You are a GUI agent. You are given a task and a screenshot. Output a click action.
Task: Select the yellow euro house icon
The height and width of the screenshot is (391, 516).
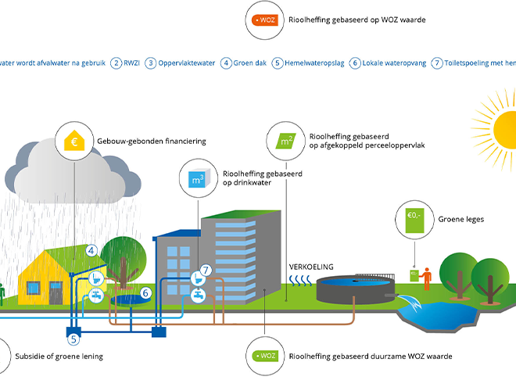(76, 142)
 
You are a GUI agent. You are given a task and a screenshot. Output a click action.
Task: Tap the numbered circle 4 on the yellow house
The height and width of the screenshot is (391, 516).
(91, 250)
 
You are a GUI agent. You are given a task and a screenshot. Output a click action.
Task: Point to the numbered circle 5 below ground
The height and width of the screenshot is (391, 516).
(74, 339)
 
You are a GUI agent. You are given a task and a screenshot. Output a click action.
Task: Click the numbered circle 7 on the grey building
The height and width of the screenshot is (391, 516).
(205, 270)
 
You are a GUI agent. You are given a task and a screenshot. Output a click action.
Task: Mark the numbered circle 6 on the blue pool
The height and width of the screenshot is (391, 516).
(145, 294)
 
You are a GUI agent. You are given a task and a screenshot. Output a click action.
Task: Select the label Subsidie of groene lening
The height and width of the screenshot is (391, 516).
(59, 357)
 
